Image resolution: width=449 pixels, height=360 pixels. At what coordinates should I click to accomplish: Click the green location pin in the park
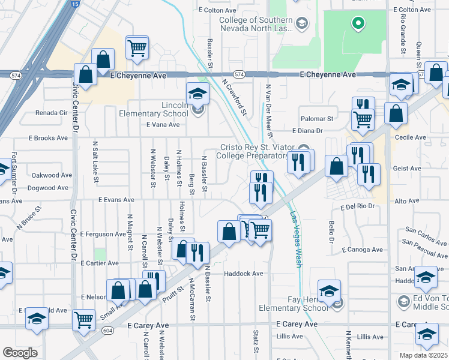[358, 24]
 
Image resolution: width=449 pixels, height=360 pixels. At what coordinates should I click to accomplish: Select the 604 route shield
[107, 330]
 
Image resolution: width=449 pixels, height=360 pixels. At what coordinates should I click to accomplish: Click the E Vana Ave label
[163, 125]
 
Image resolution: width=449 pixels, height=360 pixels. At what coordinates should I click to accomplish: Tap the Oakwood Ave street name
[51, 175]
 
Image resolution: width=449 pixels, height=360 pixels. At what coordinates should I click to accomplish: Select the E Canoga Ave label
[362, 250]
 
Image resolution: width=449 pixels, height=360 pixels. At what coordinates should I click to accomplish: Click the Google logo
[20, 353]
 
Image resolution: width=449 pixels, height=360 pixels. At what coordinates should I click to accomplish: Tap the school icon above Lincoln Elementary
[197, 94]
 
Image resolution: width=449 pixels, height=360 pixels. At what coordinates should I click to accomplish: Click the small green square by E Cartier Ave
[99, 254]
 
